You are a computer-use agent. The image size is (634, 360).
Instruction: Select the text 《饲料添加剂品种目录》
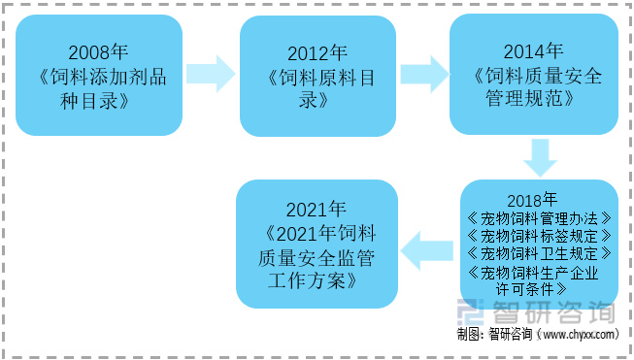coord(100,88)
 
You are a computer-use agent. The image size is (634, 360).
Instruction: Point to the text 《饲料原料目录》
coord(317,89)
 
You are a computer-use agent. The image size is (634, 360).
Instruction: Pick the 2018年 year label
coord(538,199)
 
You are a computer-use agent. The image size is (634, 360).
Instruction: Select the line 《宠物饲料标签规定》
coord(539,236)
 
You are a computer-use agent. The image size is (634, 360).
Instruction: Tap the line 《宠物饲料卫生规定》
coord(539,253)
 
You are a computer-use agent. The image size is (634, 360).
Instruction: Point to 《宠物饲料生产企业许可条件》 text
coord(539,279)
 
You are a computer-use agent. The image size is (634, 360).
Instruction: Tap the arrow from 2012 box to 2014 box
coord(423,74)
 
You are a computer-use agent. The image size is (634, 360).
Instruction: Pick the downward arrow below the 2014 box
coord(539,156)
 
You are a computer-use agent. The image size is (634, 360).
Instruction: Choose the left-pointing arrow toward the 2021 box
coord(426,249)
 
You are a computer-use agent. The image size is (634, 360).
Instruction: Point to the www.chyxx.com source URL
coord(579,335)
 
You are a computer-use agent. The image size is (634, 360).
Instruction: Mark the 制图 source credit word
coord(469,335)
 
